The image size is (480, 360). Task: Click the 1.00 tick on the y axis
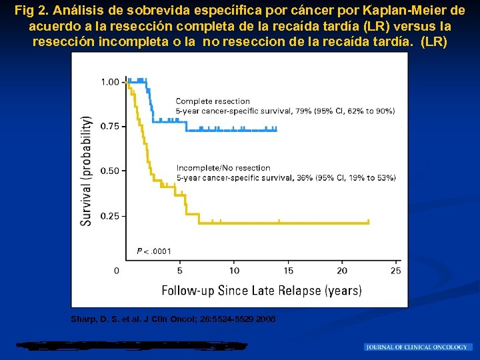pos(109,82)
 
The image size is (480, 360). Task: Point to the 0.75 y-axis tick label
pos(109,126)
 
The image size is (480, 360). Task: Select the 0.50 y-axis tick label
pos(109,171)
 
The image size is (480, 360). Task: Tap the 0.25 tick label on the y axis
pos(109,216)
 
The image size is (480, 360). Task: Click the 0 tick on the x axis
pos(117,270)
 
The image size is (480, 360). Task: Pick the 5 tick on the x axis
pos(179,270)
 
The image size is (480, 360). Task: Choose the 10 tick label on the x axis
pos(234,270)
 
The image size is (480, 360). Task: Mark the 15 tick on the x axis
pos(288,270)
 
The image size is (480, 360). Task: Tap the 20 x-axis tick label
pos(342,270)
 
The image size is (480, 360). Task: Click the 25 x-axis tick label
pos(396,270)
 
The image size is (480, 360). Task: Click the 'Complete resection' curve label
pos(213,101)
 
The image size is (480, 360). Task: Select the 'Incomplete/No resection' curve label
pos(223,168)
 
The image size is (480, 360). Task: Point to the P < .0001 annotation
pos(154,251)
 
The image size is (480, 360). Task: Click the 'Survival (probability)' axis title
pos(87,171)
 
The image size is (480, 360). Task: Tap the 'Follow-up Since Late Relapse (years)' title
pos(261,290)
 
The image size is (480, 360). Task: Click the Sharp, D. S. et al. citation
pos(173,319)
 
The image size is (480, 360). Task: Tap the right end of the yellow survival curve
pos(369,222)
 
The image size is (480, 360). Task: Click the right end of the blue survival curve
pos(276,129)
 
